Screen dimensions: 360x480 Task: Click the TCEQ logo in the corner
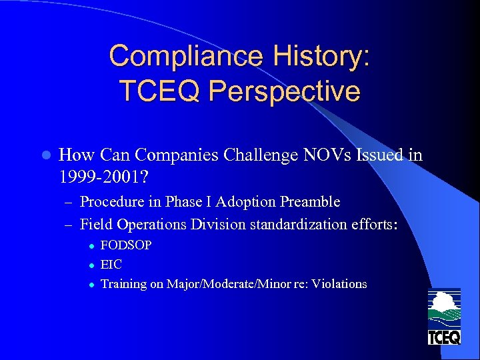coord(443,317)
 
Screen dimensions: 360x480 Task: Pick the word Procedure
coord(111,201)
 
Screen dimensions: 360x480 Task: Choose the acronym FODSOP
coord(126,245)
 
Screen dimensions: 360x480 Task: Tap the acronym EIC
coord(111,265)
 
